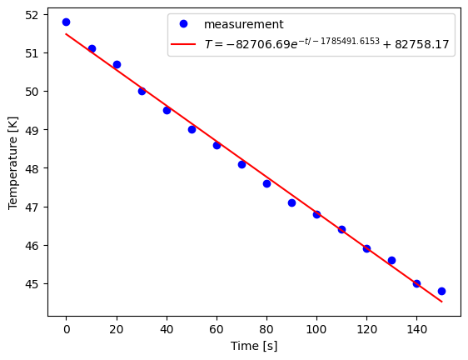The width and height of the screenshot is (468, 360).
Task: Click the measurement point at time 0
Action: [67, 22]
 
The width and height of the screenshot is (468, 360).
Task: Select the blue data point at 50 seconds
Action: [192, 129]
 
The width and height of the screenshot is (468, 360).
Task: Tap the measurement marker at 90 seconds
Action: [291, 202]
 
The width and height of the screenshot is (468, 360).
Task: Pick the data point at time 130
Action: [391, 260]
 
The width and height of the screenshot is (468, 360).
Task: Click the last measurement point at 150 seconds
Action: [441, 291]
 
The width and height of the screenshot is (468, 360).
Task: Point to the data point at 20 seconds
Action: [117, 64]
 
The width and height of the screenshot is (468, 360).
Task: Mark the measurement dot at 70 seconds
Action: [241, 164]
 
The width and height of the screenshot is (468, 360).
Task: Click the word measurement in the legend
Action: [244, 25]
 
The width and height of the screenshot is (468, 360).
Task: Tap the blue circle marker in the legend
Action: [186, 25]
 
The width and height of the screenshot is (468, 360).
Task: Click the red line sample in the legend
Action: [186, 45]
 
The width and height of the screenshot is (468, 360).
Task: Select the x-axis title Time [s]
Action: [254, 346]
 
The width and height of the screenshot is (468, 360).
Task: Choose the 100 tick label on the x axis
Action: [316, 328]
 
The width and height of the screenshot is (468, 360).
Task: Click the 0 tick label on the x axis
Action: [67, 328]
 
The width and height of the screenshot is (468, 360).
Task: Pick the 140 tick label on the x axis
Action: [416, 328]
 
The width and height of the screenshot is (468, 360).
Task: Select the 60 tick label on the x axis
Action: [217, 328]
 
